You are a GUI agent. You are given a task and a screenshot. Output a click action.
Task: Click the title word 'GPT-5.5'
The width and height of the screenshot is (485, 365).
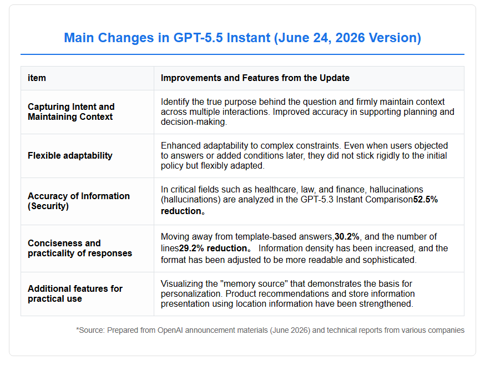(x=198, y=38)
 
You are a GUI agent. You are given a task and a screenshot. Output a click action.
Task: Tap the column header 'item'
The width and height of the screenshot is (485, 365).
(x=37, y=78)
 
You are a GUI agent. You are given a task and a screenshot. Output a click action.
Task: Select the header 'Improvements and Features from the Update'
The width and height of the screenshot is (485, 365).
(x=255, y=78)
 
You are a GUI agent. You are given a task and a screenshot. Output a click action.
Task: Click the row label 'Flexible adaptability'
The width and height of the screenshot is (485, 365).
(x=70, y=155)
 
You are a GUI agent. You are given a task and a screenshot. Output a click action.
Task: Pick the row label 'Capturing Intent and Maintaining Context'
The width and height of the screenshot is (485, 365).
(x=71, y=111)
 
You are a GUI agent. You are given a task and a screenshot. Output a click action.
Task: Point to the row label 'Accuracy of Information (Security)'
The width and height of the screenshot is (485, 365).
(x=79, y=201)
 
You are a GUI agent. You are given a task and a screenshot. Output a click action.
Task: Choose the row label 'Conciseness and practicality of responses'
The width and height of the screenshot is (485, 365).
(x=80, y=248)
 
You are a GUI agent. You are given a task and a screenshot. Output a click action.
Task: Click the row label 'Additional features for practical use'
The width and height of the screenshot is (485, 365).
(x=75, y=293)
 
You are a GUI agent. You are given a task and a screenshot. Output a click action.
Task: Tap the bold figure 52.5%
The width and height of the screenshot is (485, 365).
(x=426, y=200)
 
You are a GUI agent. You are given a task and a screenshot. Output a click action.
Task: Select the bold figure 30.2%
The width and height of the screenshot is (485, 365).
(x=347, y=237)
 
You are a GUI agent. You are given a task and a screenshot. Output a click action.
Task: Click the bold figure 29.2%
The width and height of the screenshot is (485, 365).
(x=191, y=249)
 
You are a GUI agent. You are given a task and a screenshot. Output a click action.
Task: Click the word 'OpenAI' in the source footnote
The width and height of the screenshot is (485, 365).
(x=170, y=331)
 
